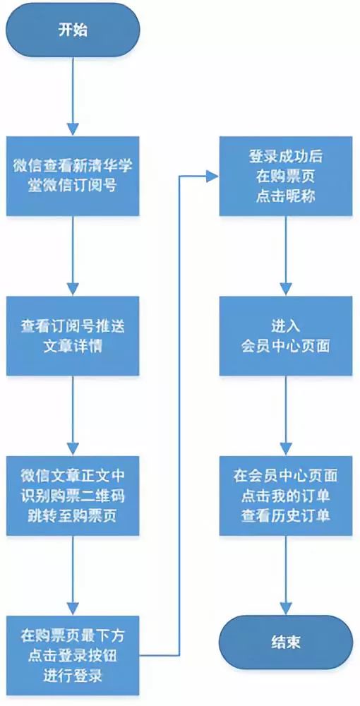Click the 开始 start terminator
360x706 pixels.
(x=73, y=30)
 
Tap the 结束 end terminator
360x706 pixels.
(x=286, y=642)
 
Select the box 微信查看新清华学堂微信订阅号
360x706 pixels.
(x=73, y=176)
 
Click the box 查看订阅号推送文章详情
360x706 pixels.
(x=73, y=335)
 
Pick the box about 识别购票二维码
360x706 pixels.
(x=73, y=496)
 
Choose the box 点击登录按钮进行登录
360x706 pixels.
(x=73, y=655)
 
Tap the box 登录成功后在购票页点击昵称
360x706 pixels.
(x=286, y=176)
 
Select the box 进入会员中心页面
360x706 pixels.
(x=286, y=335)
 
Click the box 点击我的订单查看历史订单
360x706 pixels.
(x=286, y=496)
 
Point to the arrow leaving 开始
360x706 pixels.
(x=73, y=96)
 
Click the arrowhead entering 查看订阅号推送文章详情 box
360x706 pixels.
(x=73, y=289)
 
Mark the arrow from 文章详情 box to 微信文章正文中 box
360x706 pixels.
(x=73, y=416)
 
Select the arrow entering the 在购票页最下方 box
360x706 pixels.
(x=73, y=575)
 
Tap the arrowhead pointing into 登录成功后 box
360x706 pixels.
(x=213, y=176)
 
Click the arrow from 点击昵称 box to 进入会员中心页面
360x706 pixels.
(x=286, y=256)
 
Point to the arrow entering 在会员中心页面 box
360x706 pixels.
(x=286, y=416)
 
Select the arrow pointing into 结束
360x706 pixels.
(x=286, y=575)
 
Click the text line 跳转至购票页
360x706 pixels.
(x=73, y=515)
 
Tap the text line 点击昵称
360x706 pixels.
(x=286, y=196)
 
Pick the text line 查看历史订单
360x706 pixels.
(x=286, y=515)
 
